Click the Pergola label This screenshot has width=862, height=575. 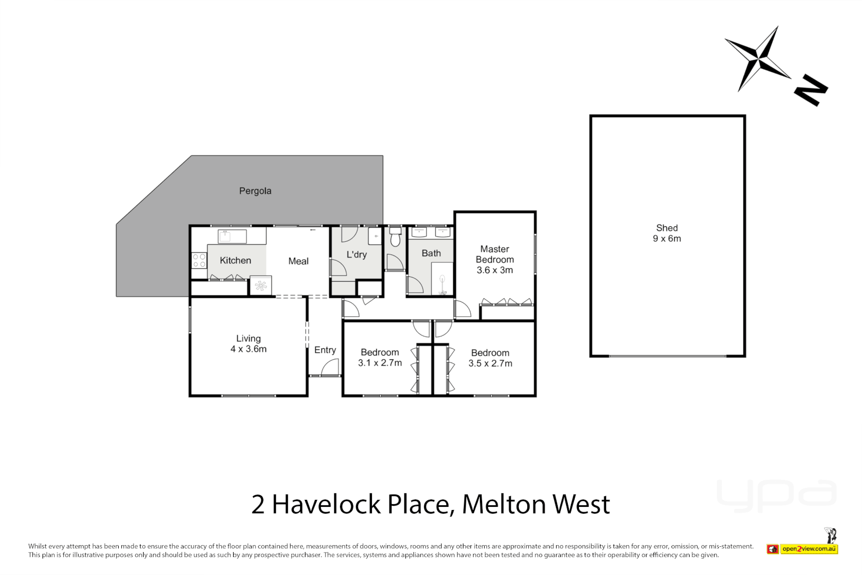tap(255, 191)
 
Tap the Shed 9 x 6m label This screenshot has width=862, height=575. tap(667, 233)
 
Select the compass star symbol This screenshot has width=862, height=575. tap(758, 58)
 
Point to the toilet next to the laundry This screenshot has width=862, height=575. tap(395, 237)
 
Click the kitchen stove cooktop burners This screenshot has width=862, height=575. tap(199, 260)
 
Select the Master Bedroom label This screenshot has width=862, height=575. tap(495, 259)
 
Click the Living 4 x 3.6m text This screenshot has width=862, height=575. tap(248, 343)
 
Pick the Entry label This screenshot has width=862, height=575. tap(325, 350)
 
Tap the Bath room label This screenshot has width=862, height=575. tap(431, 253)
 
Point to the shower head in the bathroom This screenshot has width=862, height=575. tap(442, 278)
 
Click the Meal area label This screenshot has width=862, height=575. tap(298, 261)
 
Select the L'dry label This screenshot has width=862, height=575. tap(357, 254)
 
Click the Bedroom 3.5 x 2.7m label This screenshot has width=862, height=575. tap(490, 358)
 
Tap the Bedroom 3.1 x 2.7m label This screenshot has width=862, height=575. tap(380, 357)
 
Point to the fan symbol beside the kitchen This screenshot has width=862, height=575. tap(261, 286)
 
